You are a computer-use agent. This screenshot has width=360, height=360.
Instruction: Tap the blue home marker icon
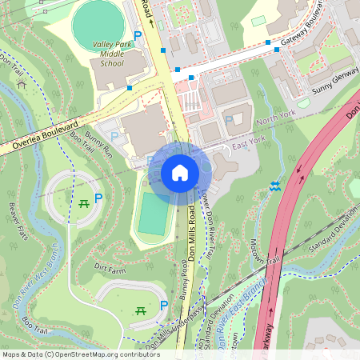pyautogui.click(x=179, y=173)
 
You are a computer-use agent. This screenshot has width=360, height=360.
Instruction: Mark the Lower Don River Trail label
pyautogui.click(x=206, y=224)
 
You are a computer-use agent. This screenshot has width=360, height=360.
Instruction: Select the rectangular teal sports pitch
pyautogui.click(x=152, y=212)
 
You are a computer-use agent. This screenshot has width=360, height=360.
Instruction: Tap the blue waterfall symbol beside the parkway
pyautogui.click(x=275, y=186)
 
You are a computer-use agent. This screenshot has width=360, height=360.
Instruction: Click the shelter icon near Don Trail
pyautogui.click(x=21, y=84)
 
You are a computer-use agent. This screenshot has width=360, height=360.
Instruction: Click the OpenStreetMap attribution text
pyautogui.click(x=80, y=354)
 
